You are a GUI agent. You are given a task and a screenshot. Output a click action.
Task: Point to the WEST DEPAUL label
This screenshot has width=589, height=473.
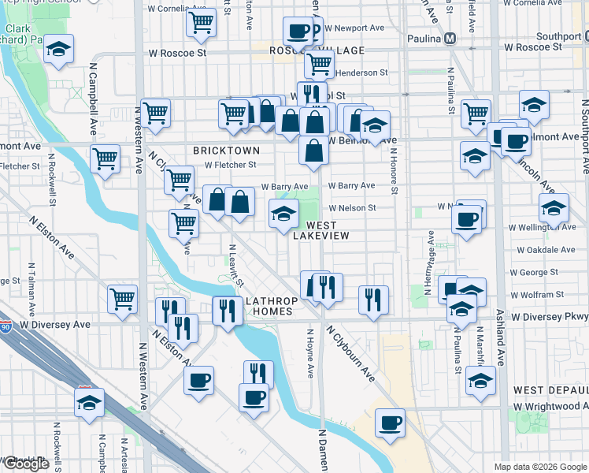click(x=550, y=390)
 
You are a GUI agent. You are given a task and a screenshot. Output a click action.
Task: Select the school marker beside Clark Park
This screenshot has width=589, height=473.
click(x=58, y=49)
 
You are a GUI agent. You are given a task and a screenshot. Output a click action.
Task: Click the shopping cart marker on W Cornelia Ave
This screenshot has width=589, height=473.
click(x=202, y=22)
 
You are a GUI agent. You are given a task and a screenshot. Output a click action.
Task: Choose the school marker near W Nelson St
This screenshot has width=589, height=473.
click(x=283, y=212)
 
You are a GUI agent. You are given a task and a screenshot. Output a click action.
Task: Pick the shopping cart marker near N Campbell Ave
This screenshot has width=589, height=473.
click(x=105, y=158)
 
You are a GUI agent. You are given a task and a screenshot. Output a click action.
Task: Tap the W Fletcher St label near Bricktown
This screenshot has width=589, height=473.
click(x=231, y=165)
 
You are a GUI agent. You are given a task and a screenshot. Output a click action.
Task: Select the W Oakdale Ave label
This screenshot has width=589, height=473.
click(x=546, y=250)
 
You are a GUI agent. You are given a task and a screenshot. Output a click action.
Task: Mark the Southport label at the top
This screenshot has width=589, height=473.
click(x=558, y=36)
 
